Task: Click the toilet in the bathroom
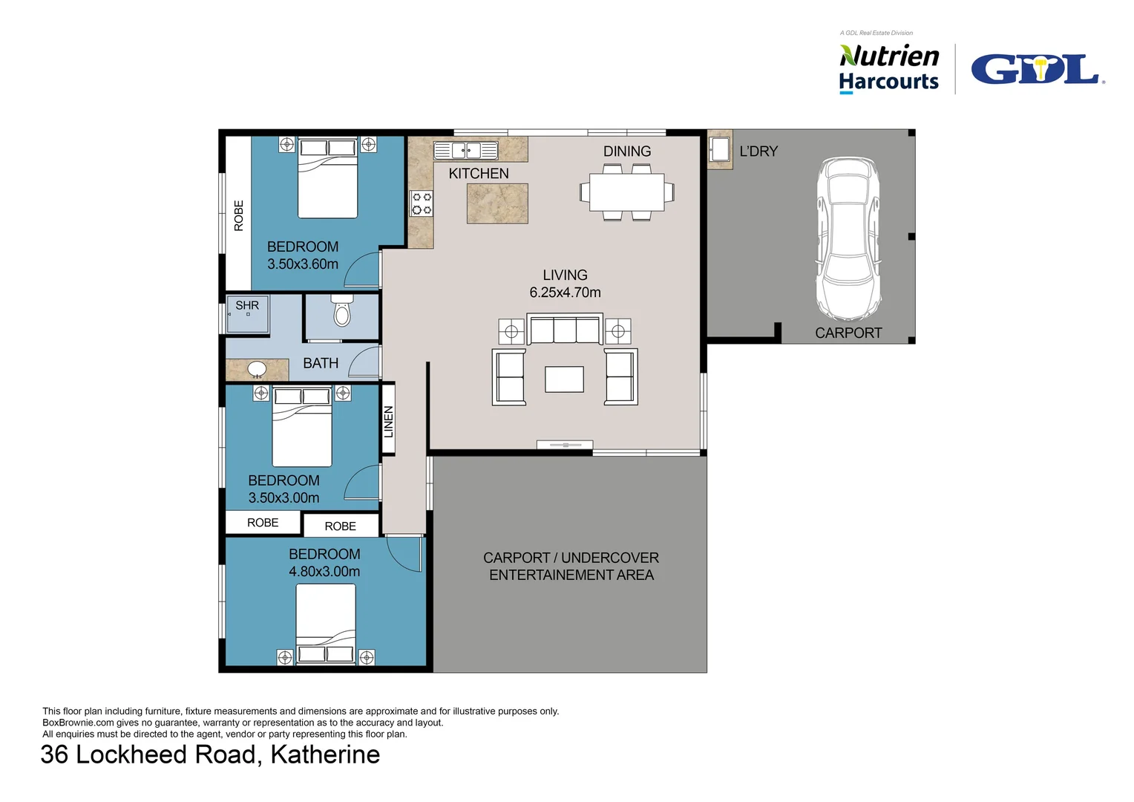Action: click(x=342, y=310)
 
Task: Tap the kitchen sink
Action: click(x=466, y=151)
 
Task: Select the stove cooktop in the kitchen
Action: click(x=422, y=203)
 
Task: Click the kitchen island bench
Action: click(x=497, y=203)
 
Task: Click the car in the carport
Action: click(x=848, y=238)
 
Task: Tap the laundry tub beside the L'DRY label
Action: click(x=719, y=149)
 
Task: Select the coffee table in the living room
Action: click(x=565, y=379)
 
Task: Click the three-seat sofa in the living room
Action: click(x=565, y=329)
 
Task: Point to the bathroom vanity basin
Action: click(x=257, y=368)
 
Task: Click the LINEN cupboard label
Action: click(x=388, y=422)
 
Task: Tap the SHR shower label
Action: click(x=247, y=305)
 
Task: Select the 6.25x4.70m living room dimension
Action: click(x=565, y=293)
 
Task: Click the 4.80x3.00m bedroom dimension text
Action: click(x=324, y=572)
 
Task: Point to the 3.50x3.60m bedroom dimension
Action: click(x=303, y=264)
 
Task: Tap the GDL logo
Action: click(x=1038, y=69)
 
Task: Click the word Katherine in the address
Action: click(x=325, y=754)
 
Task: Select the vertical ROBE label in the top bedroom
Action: click(x=238, y=216)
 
